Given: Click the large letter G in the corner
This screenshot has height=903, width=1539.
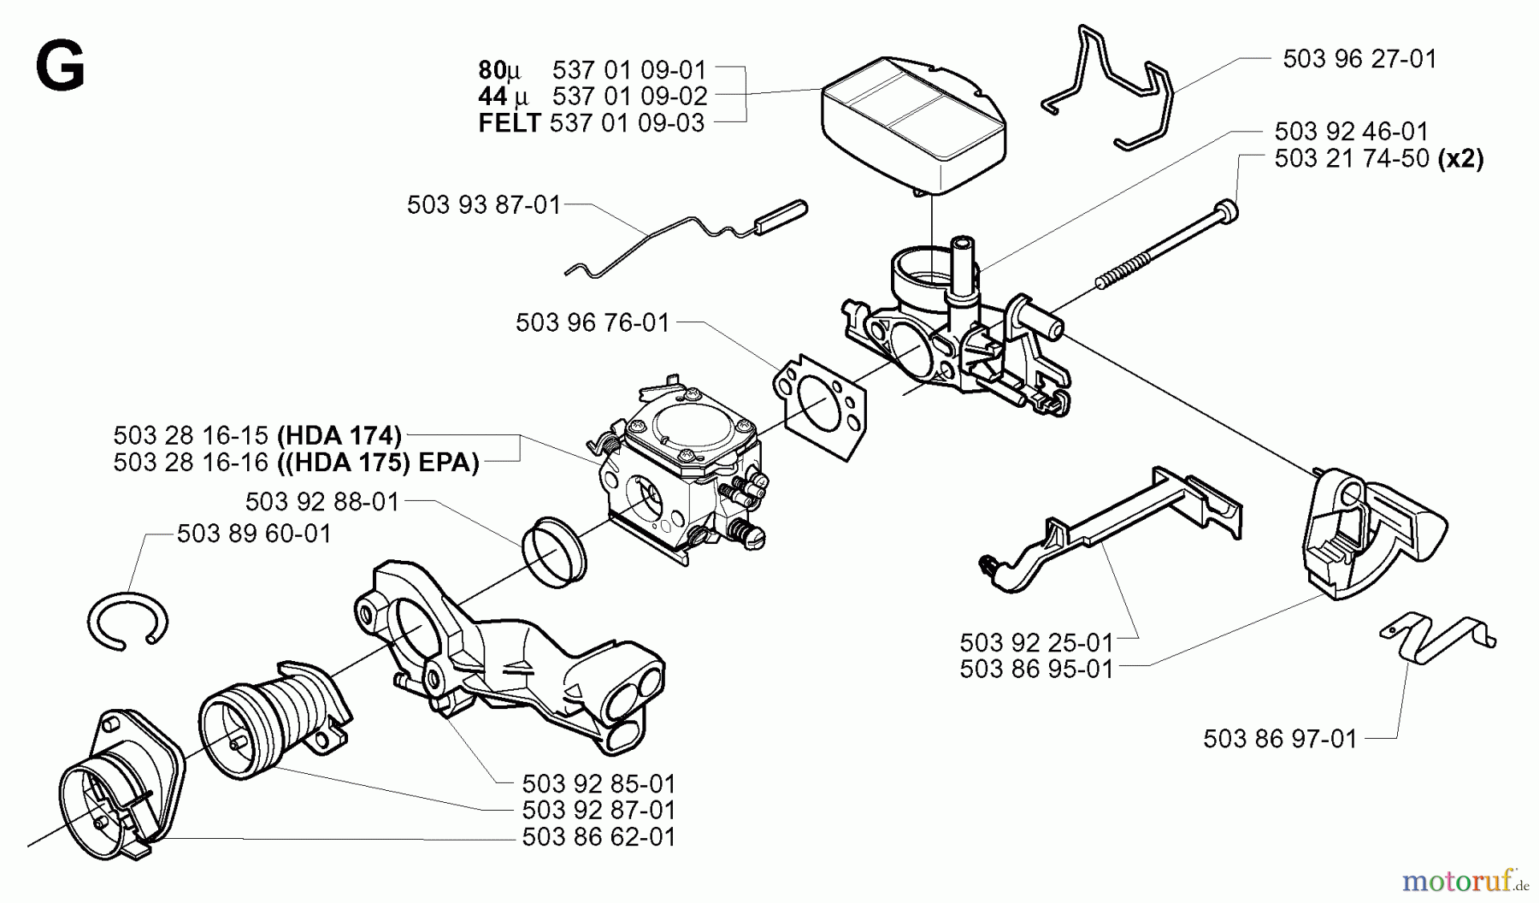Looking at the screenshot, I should [60, 68].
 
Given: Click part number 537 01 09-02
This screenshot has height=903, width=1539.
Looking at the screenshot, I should [628, 96].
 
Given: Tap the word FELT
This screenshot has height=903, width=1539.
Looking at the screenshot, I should [509, 123].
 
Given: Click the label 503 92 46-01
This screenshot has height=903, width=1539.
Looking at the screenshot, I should [1351, 132].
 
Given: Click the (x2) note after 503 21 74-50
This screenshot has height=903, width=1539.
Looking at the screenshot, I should [1461, 159].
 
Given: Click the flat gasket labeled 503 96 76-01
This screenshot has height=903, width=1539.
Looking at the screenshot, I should [821, 406].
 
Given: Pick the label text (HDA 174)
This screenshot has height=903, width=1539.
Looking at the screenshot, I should [339, 435].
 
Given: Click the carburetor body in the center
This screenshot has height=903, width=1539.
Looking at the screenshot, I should [684, 470].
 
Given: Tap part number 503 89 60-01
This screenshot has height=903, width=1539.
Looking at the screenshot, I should [254, 534].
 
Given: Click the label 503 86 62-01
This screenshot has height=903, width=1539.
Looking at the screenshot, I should [598, 837].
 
